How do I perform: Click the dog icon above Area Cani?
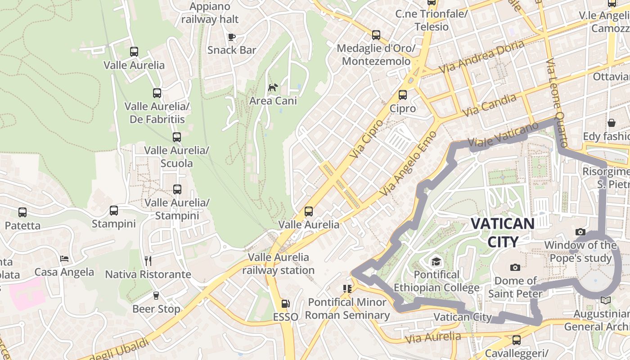[273, 87]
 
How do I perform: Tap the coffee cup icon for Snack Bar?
[232, 37]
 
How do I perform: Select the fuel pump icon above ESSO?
[285, 304]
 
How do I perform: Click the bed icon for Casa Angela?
[64, 259]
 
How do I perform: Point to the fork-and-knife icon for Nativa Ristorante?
[148, 261]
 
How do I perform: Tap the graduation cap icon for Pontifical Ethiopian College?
[436, 261]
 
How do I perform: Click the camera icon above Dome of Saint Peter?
[515, 267]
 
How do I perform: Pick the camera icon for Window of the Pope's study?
[580, 232]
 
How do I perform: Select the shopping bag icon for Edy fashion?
[612, 122]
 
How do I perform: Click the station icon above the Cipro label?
[403, 95]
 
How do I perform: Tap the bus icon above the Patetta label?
[22, 212]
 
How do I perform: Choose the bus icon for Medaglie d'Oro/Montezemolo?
[376, 35]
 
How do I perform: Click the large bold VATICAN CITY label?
[503, 232]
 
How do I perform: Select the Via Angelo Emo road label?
[408, 164]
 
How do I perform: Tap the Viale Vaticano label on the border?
[503, 135]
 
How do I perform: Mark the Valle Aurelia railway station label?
[279, 264]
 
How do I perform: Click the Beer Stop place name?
[156, 309]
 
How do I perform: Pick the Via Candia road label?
[489, 106]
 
